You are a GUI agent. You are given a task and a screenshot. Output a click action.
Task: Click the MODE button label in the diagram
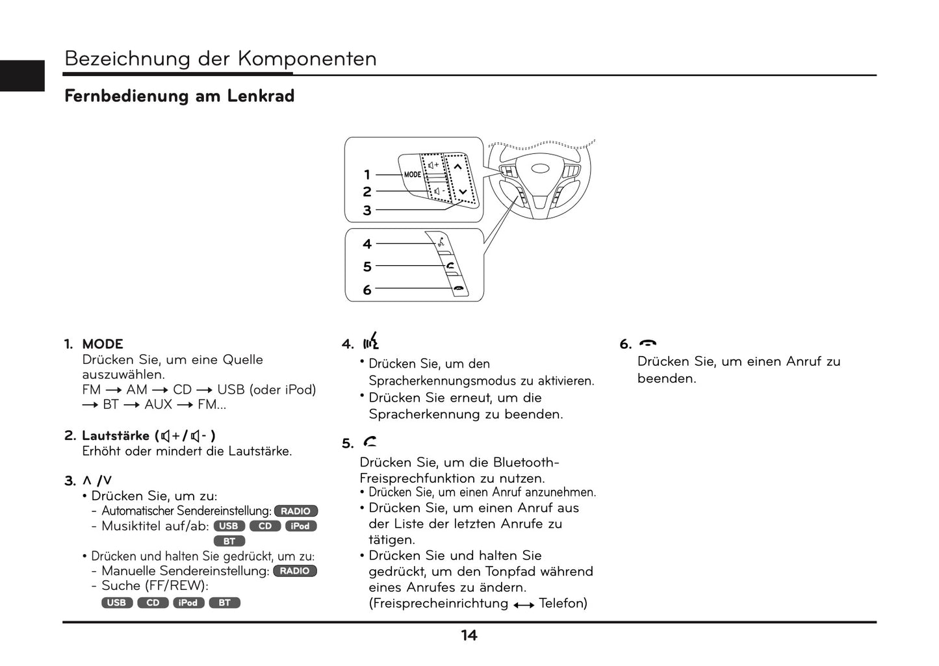tap(413, 174)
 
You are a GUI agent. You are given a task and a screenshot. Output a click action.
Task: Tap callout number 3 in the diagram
tap(367, 210)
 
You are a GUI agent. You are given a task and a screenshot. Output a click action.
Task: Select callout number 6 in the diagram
tap(367, 290)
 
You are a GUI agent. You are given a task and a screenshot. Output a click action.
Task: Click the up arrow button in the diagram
tap(457, 167)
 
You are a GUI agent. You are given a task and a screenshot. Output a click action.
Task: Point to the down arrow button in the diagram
tap(463, 192)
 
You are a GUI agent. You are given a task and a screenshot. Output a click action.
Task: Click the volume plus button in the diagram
tap(433, 165)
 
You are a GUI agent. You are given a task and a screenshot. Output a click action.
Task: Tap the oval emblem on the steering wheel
tap(540, 168)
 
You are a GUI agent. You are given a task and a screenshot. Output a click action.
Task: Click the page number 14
tap(469, 635)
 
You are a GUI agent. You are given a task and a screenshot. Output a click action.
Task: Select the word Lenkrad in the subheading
tap(261, 96)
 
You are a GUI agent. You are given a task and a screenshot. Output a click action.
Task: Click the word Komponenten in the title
tap(307, 58)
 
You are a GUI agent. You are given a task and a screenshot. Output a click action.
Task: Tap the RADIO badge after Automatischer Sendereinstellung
tap(296, 511)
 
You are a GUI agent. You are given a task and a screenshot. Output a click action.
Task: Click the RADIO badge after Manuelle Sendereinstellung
tap(295, 571)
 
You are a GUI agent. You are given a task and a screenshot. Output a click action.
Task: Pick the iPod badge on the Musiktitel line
tap(301, 526)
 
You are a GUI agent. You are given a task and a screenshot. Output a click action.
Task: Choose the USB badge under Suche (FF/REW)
tap(117, 603)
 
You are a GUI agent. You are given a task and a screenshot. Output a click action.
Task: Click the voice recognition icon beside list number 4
tap(372, 342)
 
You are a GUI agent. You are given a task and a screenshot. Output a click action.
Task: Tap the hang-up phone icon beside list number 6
tap(648, 343)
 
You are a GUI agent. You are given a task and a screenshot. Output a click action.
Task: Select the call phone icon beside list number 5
tap(370, 441)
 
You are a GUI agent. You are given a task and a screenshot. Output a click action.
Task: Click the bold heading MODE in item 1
tap(103, 344)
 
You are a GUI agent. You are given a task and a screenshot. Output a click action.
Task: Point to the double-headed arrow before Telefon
tap(524, 605)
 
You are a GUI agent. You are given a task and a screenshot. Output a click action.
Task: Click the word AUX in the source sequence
tap(158, 404)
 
